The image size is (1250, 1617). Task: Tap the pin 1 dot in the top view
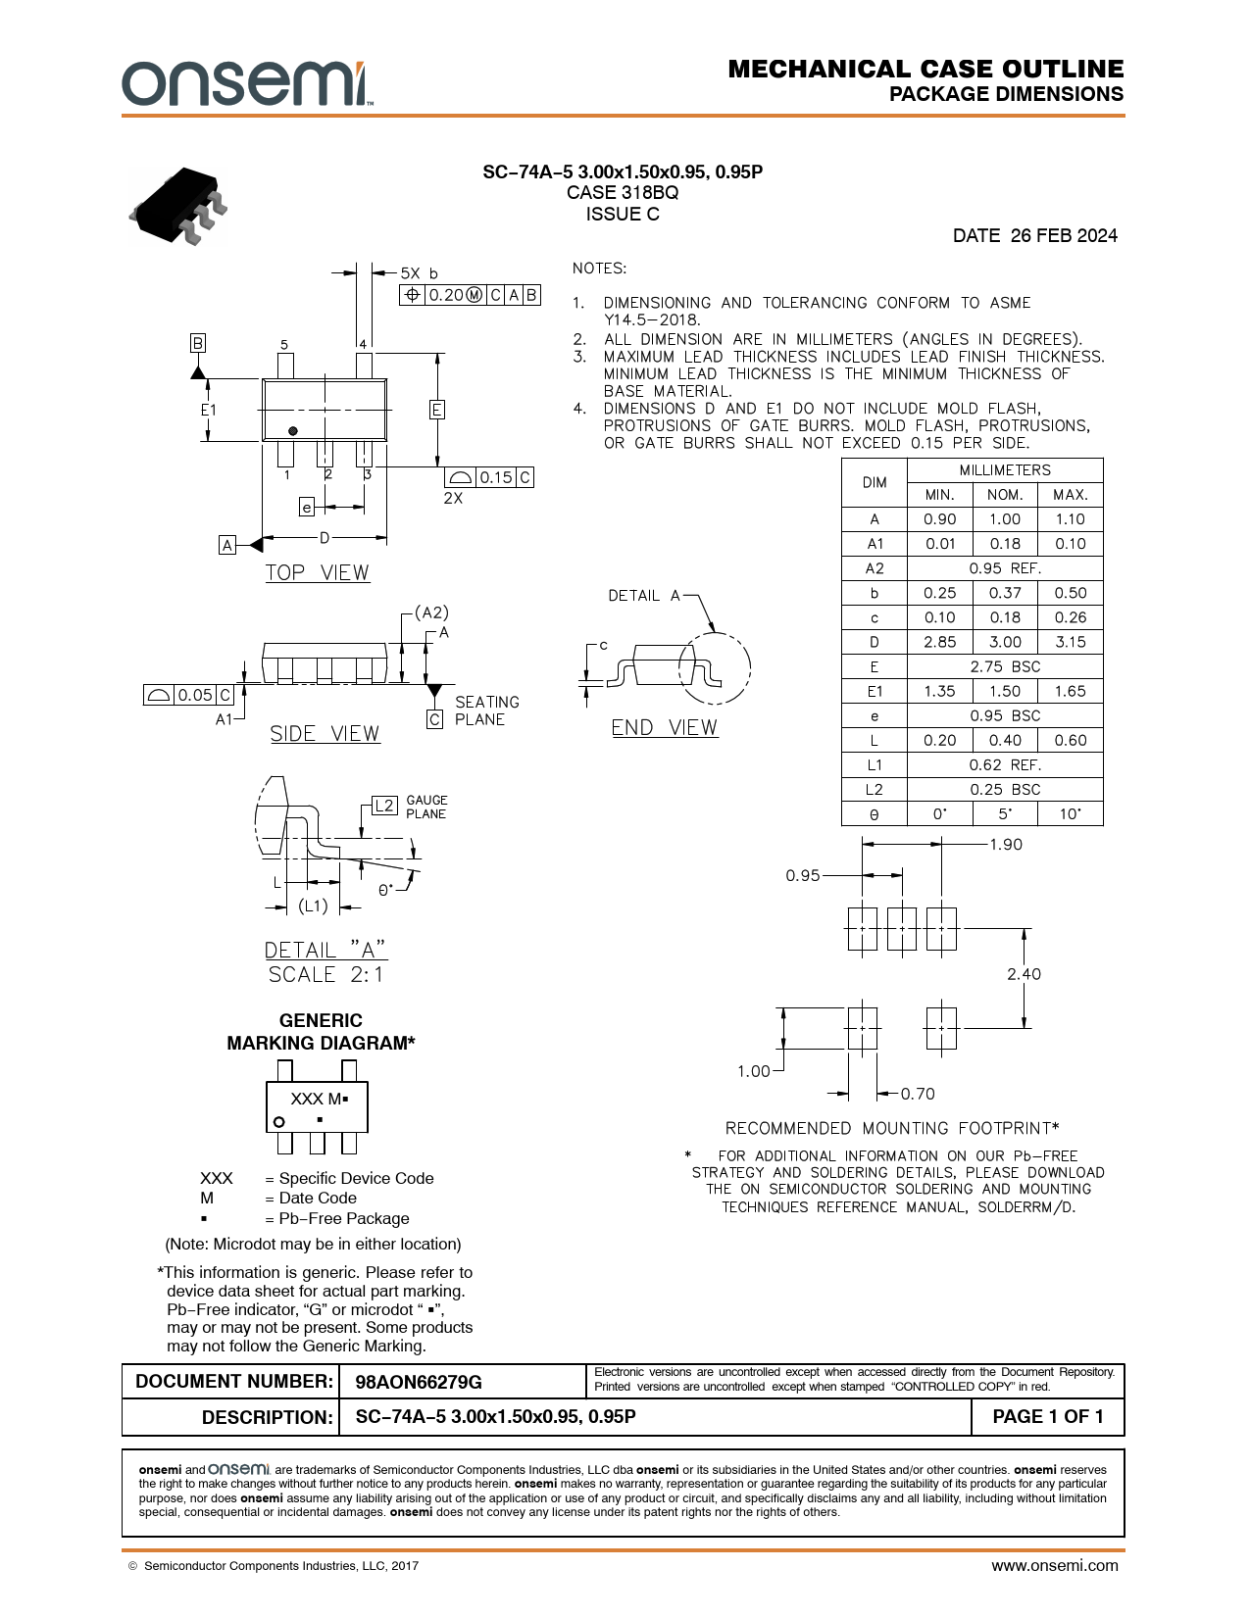coord(292,431)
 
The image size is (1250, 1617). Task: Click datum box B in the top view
coord(198,343)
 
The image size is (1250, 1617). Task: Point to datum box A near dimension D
coord(227,545)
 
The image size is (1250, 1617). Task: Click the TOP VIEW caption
coord(318,573)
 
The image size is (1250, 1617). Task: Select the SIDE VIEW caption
coord(325,734)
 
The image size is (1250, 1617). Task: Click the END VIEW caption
coord(665,728)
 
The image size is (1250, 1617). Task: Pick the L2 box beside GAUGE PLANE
coord(384,806)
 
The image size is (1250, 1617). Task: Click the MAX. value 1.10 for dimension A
coord(1070,519)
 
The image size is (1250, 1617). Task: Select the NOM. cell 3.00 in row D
coord(1005,642)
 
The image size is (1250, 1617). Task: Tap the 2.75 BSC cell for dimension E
coord(1005,666)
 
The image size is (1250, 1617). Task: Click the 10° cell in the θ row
coord(1070,814)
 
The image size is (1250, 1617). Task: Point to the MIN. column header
coord(939,495)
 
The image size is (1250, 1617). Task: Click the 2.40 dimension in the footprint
coord(1024,974)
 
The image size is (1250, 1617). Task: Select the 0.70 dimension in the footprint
coord(918,1094)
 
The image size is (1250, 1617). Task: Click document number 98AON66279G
coord(419,1382)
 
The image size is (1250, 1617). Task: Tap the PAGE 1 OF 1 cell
coord(1047,1417)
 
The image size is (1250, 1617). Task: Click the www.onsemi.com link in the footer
coord(1054,1565)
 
